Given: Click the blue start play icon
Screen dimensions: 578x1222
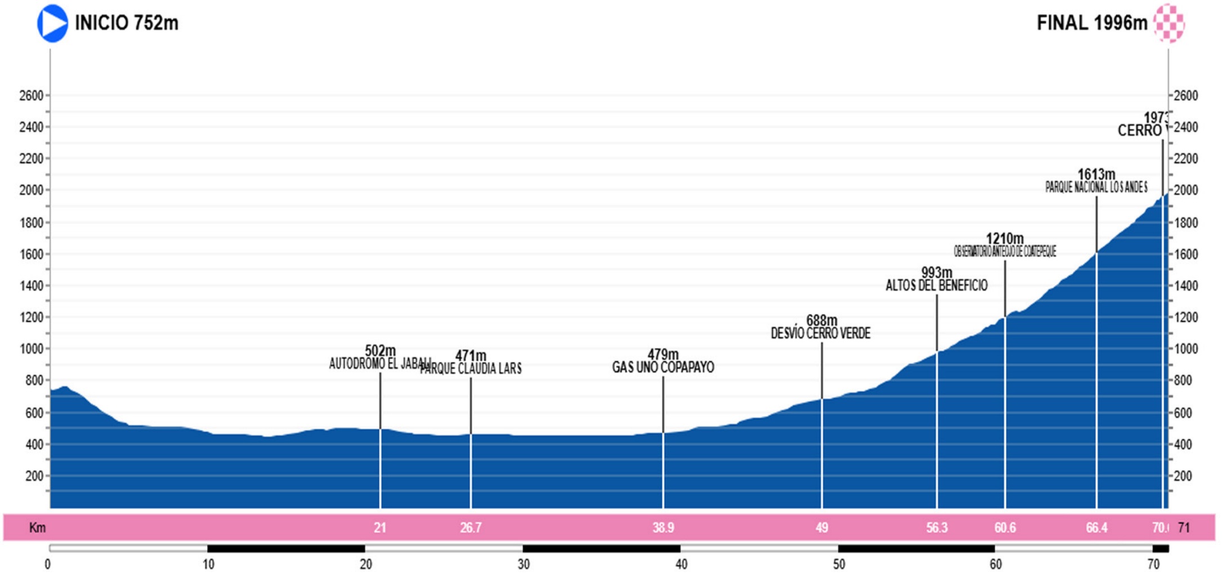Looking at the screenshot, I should (52, 23).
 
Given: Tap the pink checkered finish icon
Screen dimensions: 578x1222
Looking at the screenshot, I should (1169, 23).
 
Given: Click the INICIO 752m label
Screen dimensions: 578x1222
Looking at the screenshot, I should (127, 23).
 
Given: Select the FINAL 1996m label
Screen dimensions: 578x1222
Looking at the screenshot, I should (1091, 23).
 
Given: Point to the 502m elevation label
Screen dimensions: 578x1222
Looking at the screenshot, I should (380, 351).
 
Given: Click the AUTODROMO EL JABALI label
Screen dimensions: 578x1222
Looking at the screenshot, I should (379, 364).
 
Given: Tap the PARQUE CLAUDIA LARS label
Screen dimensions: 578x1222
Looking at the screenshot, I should (471, 369).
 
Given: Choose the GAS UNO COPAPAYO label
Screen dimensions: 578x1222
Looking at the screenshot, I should (663, 368).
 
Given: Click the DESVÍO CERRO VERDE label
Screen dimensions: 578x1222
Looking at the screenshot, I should (821, 334).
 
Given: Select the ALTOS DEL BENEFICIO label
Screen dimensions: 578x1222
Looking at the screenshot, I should (937, 286).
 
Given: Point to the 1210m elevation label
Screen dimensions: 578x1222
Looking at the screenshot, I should (1005, 239).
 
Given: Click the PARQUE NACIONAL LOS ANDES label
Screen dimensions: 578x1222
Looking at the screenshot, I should (1096, 187).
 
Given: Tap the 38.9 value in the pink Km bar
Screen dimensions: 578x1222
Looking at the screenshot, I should (663, 528).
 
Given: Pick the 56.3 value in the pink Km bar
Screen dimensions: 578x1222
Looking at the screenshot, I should (937, 528).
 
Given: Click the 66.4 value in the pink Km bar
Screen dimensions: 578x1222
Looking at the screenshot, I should (1096, 528).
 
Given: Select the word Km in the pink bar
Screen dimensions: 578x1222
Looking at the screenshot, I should (37, 528).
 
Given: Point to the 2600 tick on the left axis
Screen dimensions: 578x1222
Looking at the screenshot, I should (31, 96).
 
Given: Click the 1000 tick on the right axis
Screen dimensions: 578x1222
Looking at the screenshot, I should (1186, 349).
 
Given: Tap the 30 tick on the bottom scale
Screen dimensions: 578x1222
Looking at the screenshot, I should (523, 564).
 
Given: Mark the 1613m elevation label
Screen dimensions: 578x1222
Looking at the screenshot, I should (1096, 174).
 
